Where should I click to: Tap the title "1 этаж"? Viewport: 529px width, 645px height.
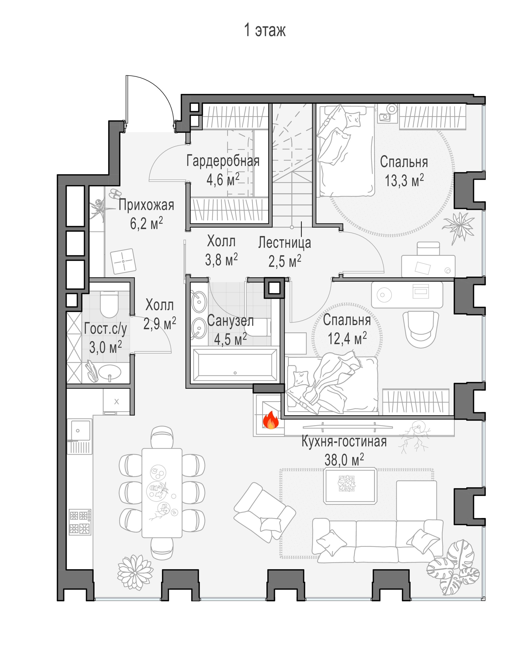[265, 30]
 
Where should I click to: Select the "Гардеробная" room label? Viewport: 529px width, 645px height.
[223, 161]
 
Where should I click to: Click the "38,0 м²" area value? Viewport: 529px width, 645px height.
[344, 460]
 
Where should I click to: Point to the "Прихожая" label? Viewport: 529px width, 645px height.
[146, 205]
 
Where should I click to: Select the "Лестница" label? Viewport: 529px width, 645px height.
[285, 243]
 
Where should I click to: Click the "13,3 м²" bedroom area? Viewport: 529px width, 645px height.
[404, 180]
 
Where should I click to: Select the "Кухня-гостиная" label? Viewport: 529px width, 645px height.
[344, 441]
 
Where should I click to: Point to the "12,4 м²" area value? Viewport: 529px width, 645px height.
[347, 338]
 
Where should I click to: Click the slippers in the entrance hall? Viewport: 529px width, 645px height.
[115, 193]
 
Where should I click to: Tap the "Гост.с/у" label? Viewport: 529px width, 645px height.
[106, 329]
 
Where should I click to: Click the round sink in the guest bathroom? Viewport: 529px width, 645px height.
[110, 372]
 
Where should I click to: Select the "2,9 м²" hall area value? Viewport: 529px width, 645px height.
[160, 323]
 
